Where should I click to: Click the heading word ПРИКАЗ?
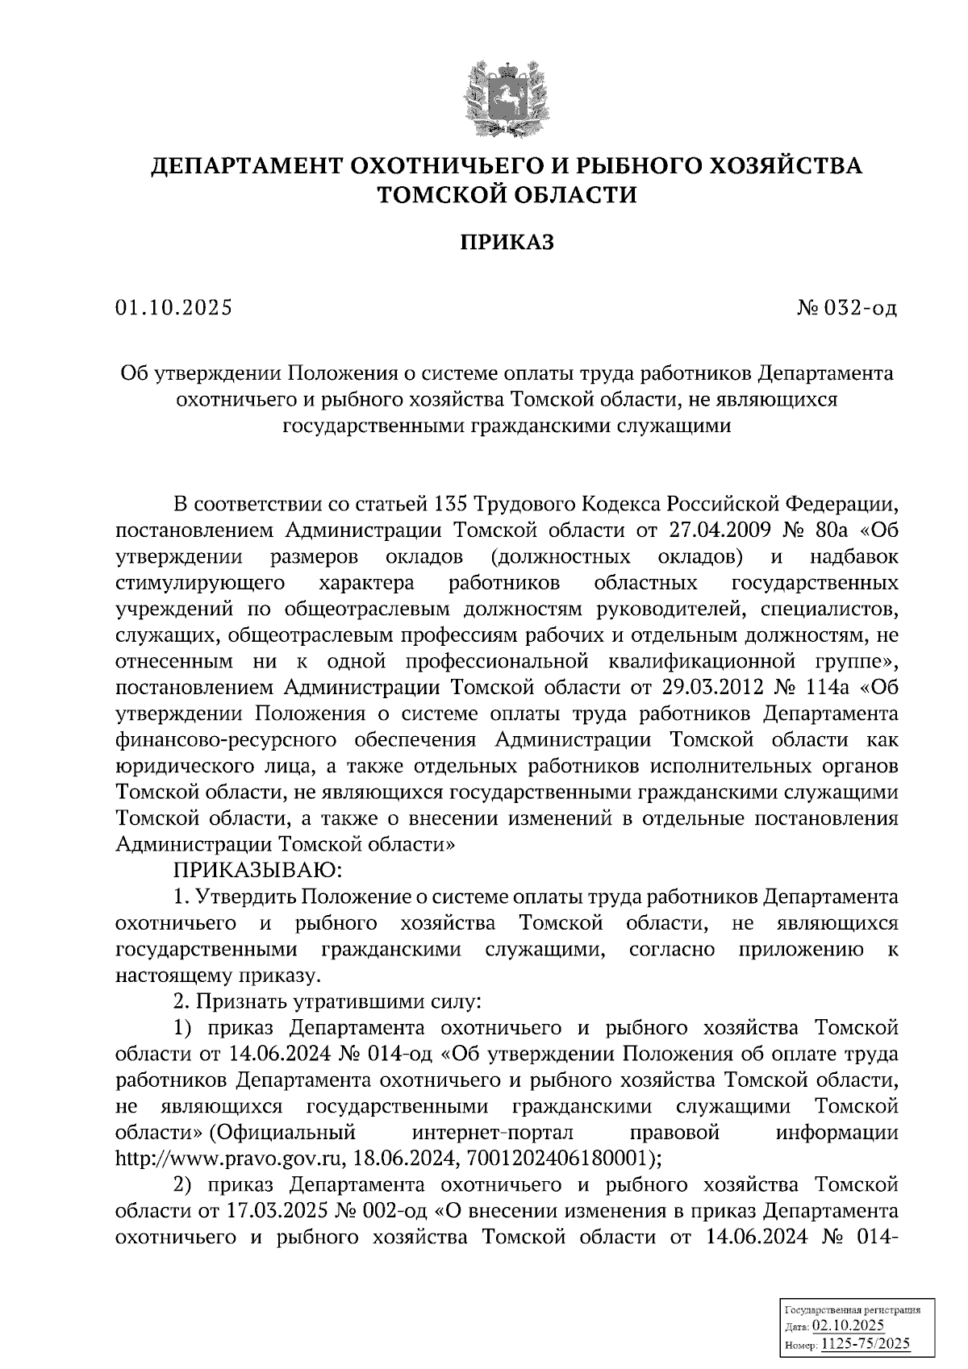coord(507,242)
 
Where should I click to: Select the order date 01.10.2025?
coord(173,308)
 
